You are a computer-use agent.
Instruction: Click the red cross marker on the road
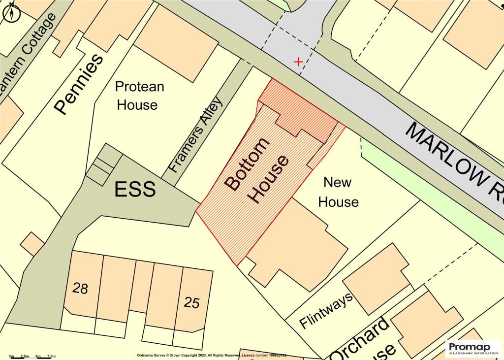298,62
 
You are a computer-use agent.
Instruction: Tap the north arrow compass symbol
11,12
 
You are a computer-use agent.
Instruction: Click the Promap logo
473,348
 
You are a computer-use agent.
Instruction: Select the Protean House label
139,96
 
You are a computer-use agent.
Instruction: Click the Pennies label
79,84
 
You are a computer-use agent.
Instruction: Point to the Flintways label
326,311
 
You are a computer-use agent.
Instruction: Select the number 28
80,289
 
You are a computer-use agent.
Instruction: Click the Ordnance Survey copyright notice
211,355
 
